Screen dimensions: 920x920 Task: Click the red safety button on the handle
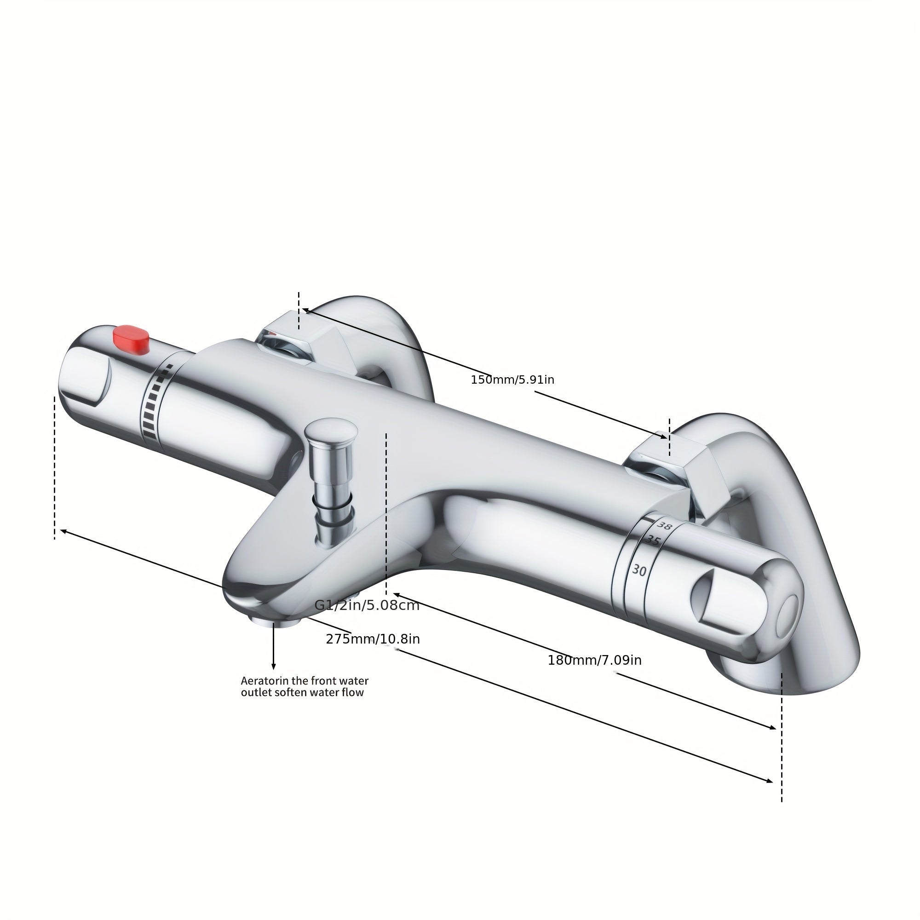(x=131, y=339)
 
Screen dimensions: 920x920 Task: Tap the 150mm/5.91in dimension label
(x=512, y=380)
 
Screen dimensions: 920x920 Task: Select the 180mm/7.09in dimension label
(x=595, y=661)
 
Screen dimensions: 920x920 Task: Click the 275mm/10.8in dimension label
(x=373, y=639)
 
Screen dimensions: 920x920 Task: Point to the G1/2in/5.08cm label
(x=367, y=606)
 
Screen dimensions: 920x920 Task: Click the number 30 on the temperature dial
(x=639, y=570)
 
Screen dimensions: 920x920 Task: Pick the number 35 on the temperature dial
(x=652, y=541)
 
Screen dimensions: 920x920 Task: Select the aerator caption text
(x=304, y=687)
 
